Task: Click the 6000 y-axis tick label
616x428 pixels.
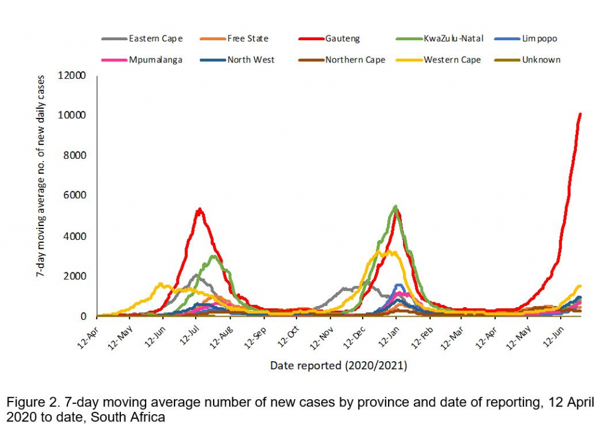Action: click(x=76, y=195)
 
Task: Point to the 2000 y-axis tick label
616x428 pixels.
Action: click(x=76, y=276)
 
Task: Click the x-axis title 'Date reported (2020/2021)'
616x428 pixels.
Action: click(x=339, y=365)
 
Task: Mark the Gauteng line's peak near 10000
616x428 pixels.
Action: click(x=580, y=114)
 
